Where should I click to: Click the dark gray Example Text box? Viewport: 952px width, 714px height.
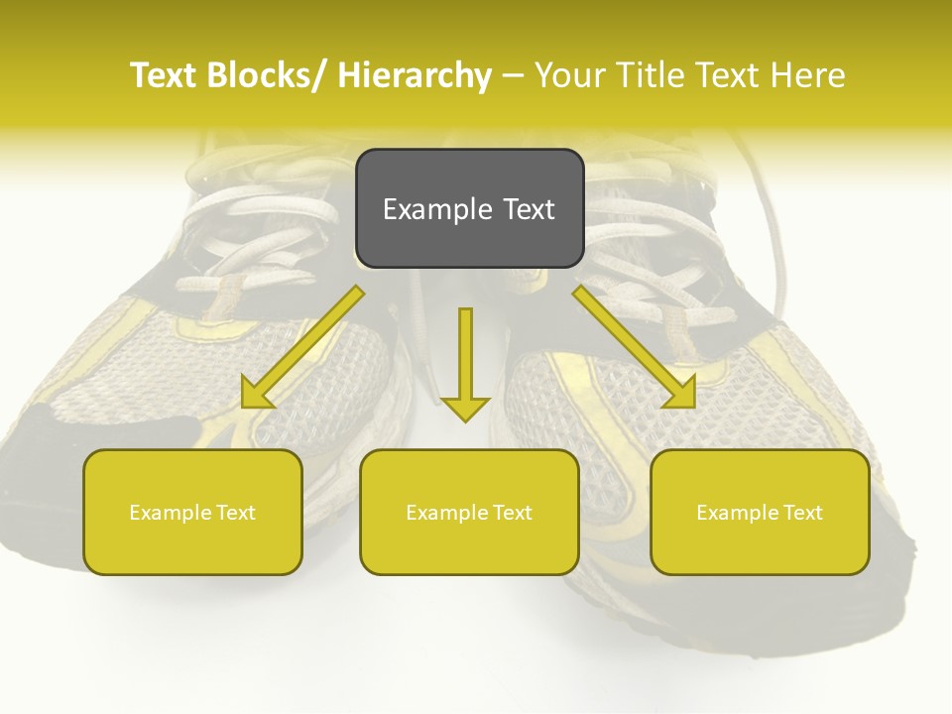469,208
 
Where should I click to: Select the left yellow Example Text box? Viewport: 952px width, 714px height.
192,512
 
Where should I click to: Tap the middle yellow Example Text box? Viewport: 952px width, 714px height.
469,512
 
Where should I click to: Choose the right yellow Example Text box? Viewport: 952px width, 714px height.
760,512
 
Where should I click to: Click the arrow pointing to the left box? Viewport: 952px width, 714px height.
303,348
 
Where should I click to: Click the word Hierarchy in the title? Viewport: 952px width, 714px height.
415,75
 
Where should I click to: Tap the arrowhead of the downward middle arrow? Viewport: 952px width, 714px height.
465,408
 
